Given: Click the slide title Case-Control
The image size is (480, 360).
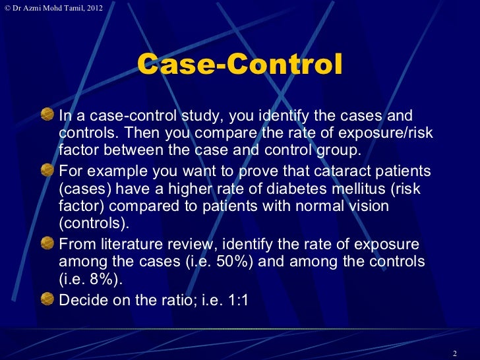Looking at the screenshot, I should point(240,66).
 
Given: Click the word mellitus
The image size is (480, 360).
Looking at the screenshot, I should point(323,189).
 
